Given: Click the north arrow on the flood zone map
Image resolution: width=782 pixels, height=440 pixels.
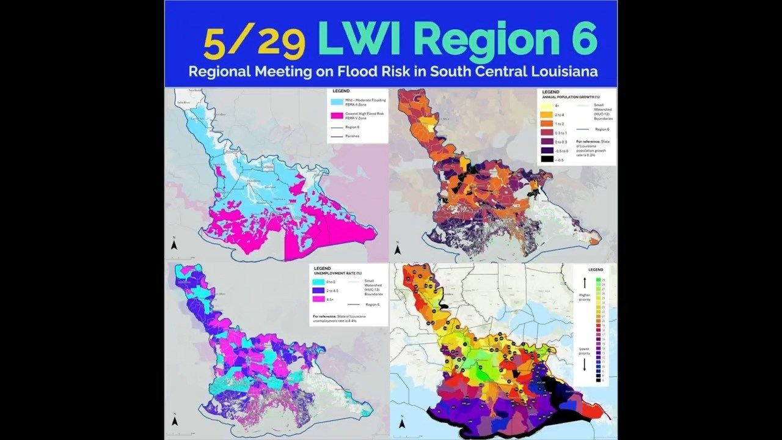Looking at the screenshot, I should [x=174, y=244].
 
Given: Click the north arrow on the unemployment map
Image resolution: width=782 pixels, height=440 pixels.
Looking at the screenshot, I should [x=174, y=420].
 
